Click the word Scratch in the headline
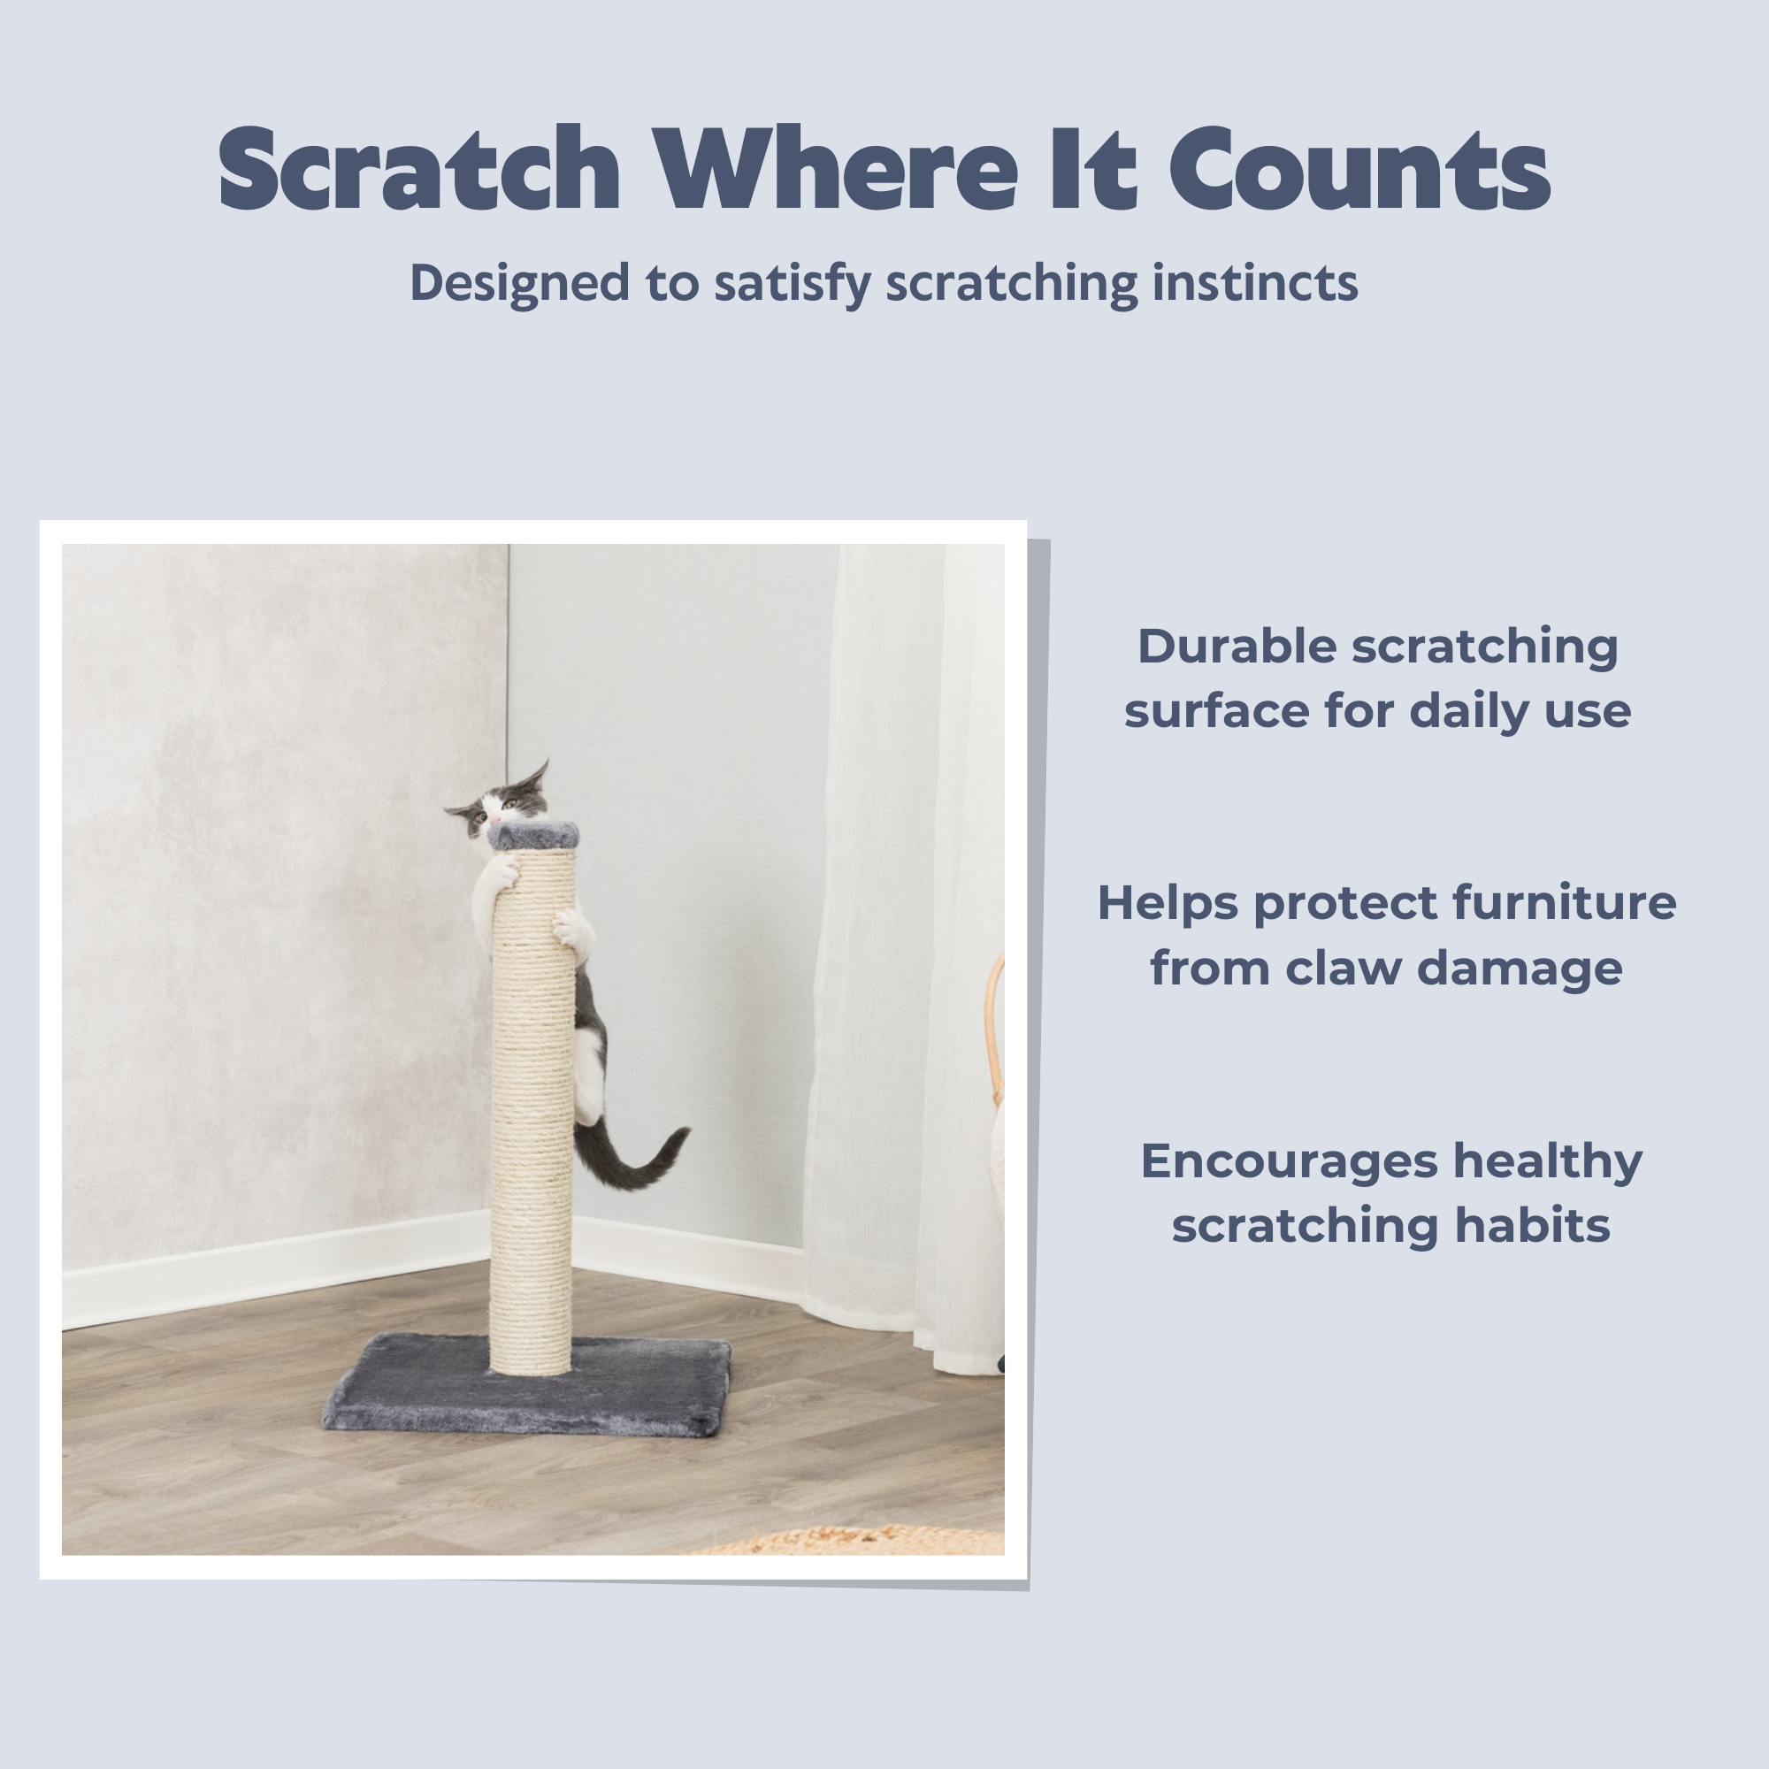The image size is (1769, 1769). pyautogui.click(x=420, y=170)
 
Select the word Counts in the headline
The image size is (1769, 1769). pyautogui.click(x=1359, y=170)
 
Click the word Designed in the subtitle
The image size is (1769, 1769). pyautogui.click(x=519, y=283)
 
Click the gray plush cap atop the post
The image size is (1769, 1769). pyautogui.click(x=534, y=835)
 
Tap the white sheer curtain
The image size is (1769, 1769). pyautogui.click(x=902, y=953)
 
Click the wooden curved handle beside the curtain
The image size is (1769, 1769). pyautogui.click(x=995, y=1025)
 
